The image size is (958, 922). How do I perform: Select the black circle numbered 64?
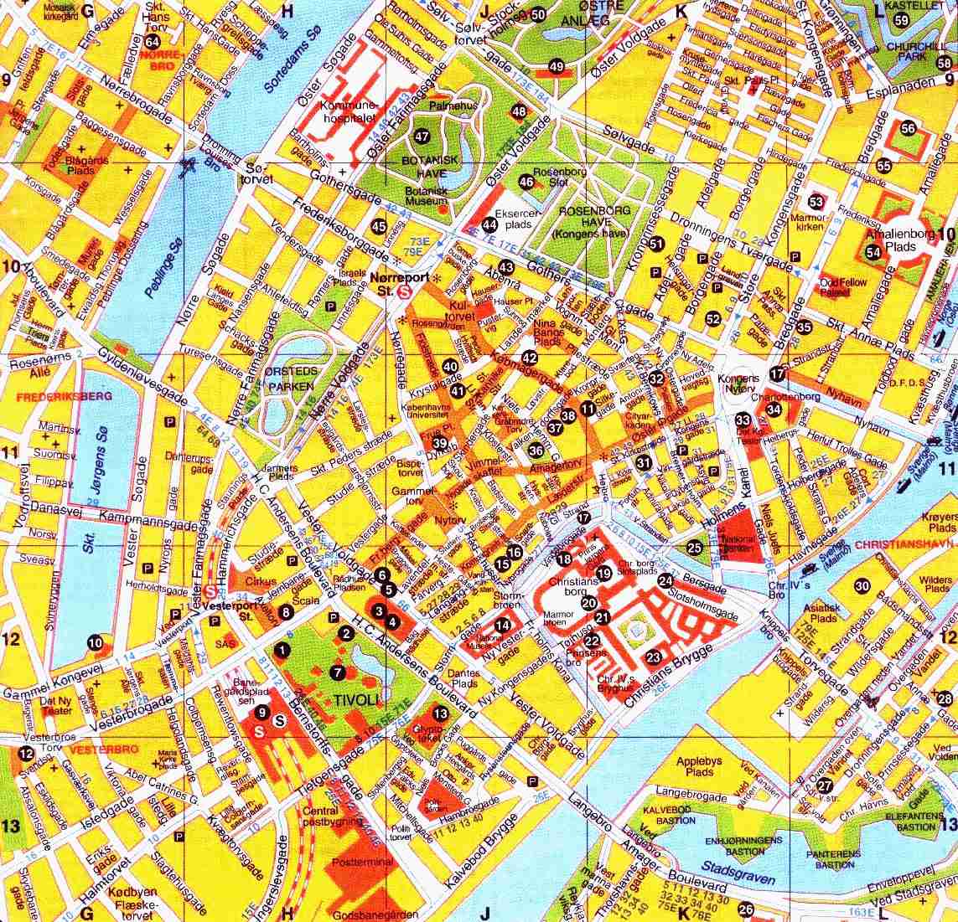(152, 42)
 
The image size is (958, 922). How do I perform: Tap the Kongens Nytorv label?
(738, 384)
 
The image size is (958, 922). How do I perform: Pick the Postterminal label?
(362, 863)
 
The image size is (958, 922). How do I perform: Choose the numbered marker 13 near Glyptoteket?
(440, 713)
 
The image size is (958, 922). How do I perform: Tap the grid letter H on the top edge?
(288, 11)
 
